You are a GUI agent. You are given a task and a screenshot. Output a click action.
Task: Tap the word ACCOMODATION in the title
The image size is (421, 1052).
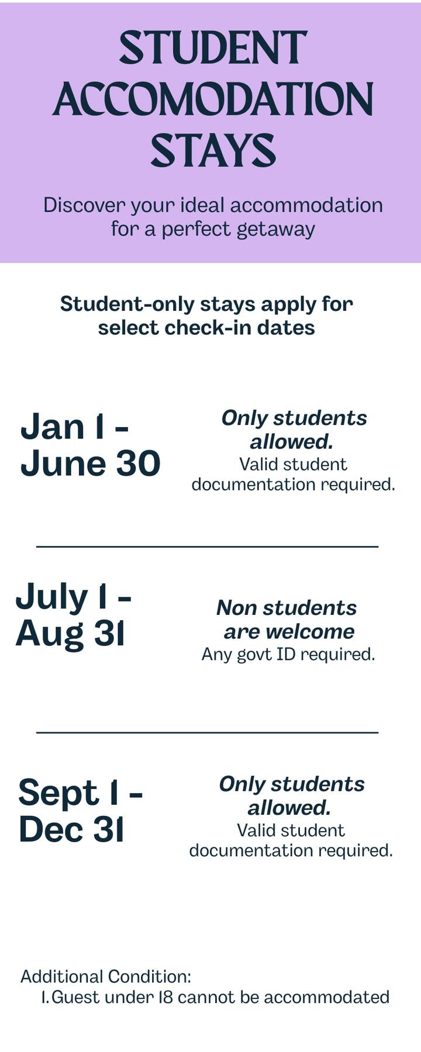pos(213,99)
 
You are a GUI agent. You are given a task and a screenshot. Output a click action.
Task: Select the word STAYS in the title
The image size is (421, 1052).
pos(213,150)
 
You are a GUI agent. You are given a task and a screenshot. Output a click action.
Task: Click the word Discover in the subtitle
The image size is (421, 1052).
pos(84,205)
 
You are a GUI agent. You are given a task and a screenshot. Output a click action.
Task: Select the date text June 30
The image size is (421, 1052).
pos(90,463)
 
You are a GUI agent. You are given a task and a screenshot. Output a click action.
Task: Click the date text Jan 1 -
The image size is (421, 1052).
pos(74,427)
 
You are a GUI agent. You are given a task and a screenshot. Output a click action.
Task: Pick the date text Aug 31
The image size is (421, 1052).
pos(70,634)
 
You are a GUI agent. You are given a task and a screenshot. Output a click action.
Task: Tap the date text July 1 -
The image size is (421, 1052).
pos(73,597)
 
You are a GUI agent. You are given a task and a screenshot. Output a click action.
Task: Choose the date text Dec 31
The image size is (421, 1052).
pos(71,829)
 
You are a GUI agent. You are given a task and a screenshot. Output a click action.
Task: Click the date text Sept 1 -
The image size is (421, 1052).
pos(80,793)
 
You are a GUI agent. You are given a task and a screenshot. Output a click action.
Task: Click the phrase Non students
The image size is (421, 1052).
pos(287,608)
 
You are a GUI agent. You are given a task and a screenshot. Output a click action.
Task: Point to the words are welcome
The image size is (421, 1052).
pos(289,632)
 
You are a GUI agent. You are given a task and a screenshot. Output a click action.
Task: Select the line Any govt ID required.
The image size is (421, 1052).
pos(288,654)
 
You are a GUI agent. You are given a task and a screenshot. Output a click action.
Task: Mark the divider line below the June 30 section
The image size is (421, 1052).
pos(207,546)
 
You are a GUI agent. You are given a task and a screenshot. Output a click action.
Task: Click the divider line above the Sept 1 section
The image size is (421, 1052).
pos(207,732)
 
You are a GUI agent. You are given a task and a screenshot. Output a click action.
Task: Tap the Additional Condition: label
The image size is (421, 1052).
pos(106,977)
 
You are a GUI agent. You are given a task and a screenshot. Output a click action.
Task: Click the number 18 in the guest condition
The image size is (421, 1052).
pos(166,997)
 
